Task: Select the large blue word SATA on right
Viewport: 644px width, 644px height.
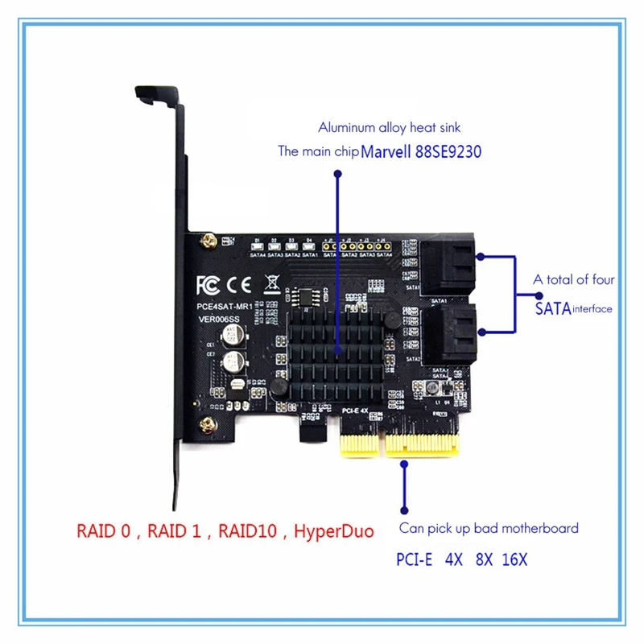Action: tap(552, 307)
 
